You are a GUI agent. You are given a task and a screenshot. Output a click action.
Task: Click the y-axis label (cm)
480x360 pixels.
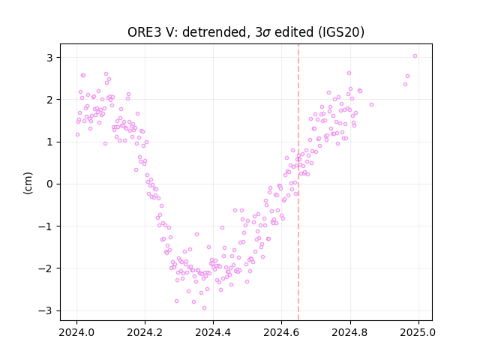(x=28, y=183)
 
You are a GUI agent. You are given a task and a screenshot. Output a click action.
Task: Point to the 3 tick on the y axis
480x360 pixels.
(x=50, y=58)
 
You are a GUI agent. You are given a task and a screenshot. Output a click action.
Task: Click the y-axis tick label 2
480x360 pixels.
(x=50, y=100)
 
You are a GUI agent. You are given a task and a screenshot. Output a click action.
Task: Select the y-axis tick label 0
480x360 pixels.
(x=50, y=184)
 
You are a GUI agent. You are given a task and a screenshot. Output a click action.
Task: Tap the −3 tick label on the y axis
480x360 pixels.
(x=46, y=310)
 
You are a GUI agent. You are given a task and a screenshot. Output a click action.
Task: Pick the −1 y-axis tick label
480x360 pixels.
(x=46, y=226)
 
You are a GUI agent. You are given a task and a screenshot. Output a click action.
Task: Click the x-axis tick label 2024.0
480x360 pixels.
(x=76, y=332)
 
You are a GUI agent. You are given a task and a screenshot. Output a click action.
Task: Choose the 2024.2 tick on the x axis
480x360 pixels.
(x=145, y=332)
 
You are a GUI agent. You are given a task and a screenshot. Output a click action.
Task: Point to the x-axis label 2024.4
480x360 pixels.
(x=213, y=332)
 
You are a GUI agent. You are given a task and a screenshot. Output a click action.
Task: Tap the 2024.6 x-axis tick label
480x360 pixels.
(x=282, y=332)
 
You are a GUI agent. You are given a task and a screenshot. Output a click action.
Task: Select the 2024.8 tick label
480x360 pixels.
(x=350, y=332)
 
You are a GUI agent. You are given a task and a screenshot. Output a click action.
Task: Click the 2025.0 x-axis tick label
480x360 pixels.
(x=418, y=332)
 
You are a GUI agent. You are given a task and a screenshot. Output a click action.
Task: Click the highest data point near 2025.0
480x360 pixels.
(x=415, y=56)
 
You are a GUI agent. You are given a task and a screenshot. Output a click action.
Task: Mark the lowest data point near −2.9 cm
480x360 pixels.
(x=205, y=308)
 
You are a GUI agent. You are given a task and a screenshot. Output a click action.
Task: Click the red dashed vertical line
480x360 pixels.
(x=298, y=182)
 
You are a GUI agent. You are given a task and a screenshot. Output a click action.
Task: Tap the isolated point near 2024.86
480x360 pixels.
(x=372, y=105)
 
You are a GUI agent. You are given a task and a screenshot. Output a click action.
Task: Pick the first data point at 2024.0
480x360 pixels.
(x=77, y=135)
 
